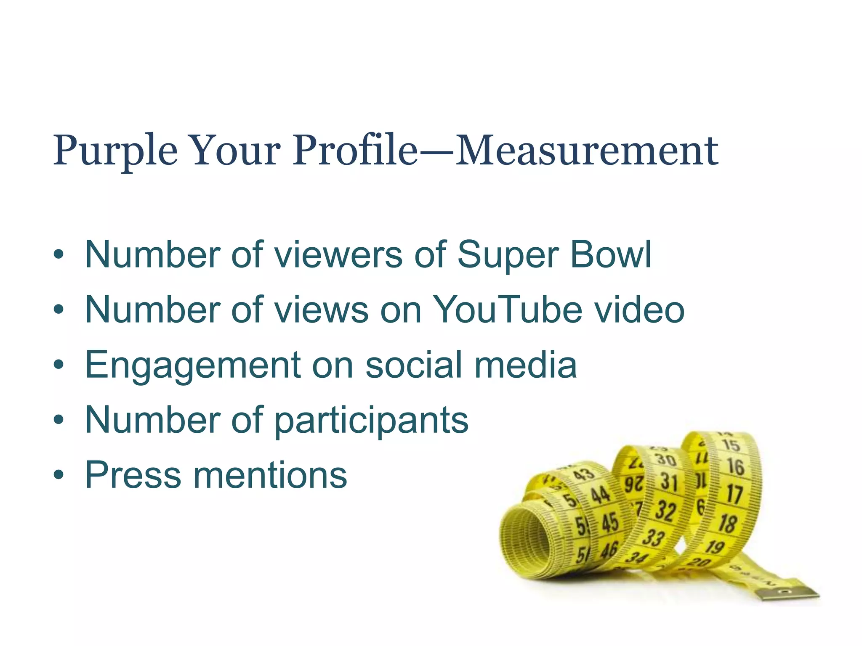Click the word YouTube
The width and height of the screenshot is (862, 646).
pos(508,310)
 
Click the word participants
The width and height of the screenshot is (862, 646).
pos(371,420)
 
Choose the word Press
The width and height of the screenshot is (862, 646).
pos(133,474)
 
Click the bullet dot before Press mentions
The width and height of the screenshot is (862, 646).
pos(59,475)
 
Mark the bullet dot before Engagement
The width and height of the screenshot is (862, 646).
pos(59,364)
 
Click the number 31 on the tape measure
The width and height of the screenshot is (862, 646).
pos(668,482)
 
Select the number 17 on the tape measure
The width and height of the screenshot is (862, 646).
pos(734,494)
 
